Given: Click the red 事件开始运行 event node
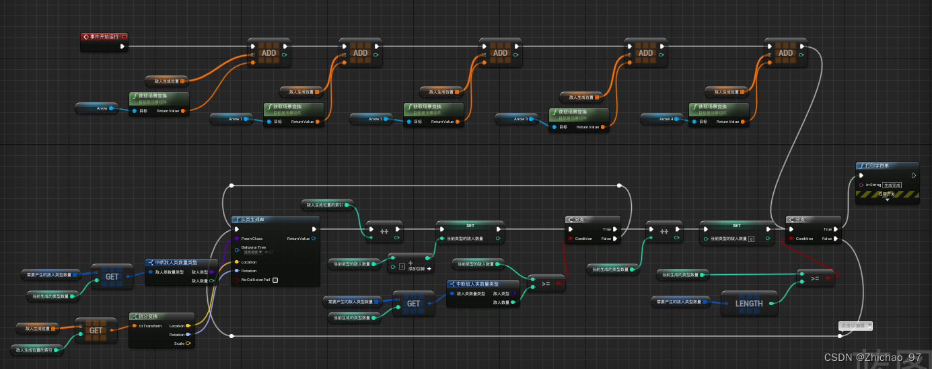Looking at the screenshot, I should [104, 37].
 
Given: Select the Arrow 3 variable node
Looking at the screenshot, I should [520, 119].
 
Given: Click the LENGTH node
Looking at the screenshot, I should [748, 303].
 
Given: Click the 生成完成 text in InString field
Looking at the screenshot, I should [892, 185].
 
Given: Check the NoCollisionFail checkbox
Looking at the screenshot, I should [275, 280].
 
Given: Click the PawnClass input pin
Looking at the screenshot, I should [237, 239].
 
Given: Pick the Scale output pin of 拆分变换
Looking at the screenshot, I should [188, 343].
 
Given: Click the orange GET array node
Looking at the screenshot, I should [96, 330].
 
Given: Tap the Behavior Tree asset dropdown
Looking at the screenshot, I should [252, 253].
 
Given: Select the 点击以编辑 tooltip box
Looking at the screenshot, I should [855, 326].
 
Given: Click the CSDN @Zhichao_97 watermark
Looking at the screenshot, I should [872, 358].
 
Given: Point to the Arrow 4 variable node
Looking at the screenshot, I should [666, 119].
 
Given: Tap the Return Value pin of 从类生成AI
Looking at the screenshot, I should [313, 239].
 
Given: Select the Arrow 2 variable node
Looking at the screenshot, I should [375, 119].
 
